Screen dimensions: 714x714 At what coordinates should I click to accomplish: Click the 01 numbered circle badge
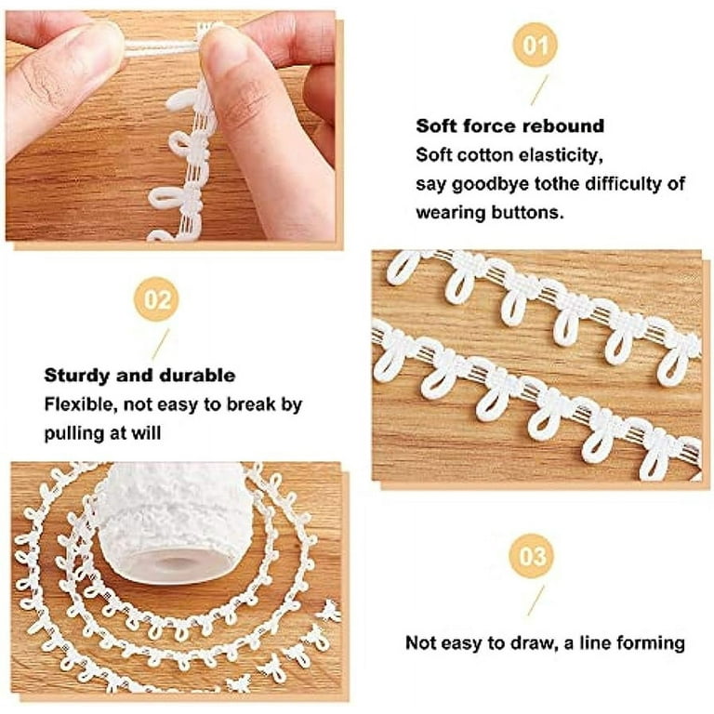tap(535, 45)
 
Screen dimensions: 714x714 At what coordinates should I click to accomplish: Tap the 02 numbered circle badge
tap(156, 299)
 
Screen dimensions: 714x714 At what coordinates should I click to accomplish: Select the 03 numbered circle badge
tap(532, 556)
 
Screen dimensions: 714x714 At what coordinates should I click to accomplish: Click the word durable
tap(198, 376)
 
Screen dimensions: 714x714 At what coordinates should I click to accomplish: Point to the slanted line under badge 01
tap(539, 90)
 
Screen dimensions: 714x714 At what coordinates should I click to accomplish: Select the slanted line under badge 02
tap(161, 344)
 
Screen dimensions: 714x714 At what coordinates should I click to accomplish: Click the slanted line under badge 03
tap(535, 601)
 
